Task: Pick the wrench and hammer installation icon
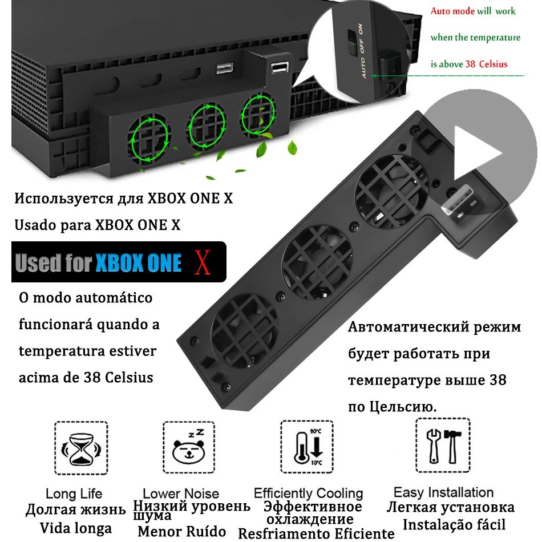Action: pos(443,446)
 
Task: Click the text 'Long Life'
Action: pos(74,494)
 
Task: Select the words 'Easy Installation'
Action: pos(443,492)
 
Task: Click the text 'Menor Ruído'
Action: pos(181,532)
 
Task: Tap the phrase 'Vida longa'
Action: pos(76,528)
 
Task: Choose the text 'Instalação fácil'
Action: pos(454,524)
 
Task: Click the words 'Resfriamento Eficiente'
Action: pos(316,534)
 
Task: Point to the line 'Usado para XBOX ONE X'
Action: pos(97,225)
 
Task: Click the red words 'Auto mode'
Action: pos(452,11)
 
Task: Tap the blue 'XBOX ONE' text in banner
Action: pos(139,263)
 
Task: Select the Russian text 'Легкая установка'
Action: pos(450,507)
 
